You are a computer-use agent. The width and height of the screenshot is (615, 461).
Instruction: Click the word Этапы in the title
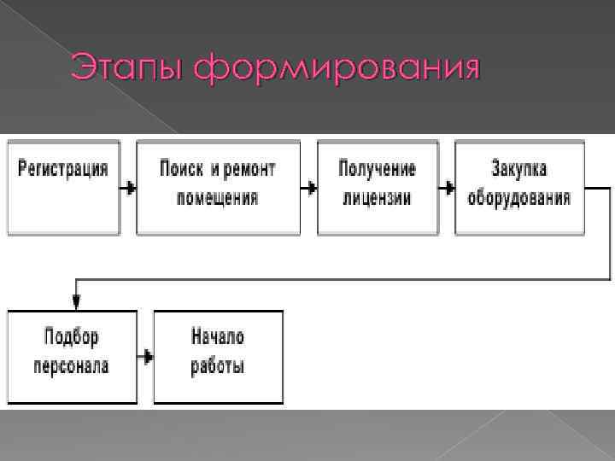127,68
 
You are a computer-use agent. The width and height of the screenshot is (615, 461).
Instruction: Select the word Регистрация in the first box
64,168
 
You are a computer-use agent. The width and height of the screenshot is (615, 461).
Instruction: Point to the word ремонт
252,168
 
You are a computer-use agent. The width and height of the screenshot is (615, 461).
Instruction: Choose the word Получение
377,168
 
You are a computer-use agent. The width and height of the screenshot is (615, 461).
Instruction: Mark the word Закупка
519,168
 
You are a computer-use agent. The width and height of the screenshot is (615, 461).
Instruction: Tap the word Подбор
72,336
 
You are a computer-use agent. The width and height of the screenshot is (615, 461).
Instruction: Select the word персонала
72,367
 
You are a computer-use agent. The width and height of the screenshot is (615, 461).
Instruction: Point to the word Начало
218,336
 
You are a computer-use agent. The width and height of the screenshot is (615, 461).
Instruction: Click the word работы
218,367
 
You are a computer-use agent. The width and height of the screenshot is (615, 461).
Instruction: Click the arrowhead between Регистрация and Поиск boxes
131,186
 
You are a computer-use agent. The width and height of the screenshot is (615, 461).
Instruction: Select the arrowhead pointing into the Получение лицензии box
312,186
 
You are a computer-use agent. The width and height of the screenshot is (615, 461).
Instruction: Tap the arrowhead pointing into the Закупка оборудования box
449,186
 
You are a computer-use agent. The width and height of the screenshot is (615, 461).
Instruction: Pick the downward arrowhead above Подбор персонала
76,302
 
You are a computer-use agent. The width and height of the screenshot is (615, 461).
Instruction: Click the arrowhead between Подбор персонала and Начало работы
149,356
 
